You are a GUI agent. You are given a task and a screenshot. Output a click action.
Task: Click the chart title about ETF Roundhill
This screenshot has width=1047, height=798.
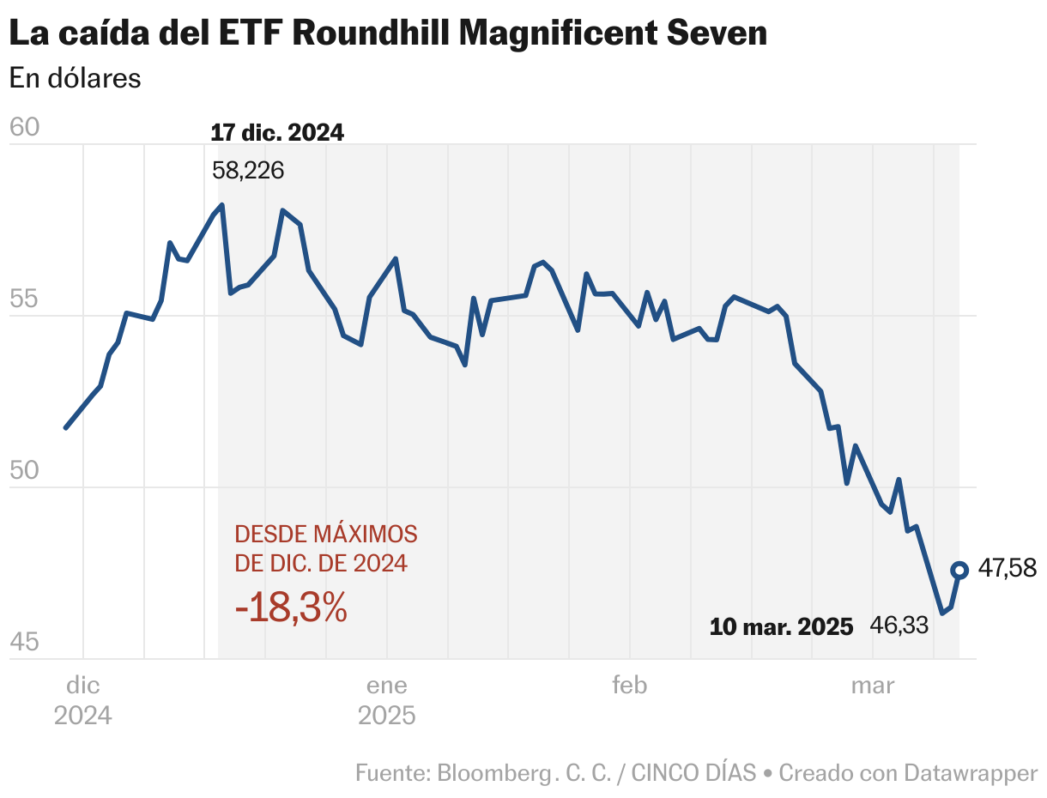tap(388, 33)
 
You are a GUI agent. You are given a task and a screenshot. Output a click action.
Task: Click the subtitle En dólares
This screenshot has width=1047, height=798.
tap(75, 78)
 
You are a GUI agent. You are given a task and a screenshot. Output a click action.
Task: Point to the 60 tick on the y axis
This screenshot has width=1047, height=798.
tap(24, 128)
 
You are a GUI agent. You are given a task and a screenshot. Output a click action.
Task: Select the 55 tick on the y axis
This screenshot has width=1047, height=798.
tap(24, 299)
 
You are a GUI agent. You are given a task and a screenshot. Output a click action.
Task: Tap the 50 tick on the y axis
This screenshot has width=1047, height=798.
tap(24, 471)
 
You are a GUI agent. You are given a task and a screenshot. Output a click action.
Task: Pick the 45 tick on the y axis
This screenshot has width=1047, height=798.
tap(24, 643)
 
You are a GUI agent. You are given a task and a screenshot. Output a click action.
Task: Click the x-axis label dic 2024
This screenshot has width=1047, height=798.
tap(83, 700)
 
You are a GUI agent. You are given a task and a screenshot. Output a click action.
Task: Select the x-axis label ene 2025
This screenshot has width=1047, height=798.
tap(387, 700)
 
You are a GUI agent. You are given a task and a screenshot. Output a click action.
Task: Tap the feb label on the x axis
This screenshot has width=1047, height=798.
tap(629, 686)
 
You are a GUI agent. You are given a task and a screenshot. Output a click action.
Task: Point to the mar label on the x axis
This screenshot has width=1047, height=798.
tap(872, 686)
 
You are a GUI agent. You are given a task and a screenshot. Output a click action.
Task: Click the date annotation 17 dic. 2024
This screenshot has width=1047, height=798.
tap(277, 133)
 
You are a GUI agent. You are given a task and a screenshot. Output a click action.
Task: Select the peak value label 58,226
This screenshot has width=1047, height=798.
tap(248, 171)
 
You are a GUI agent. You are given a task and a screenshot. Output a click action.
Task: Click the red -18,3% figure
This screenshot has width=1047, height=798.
tap(291, 608)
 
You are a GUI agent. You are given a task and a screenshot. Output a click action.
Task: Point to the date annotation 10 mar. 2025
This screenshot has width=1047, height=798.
tap(781, 627)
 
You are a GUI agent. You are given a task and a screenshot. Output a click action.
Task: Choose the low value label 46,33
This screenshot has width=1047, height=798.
tap(899, 626)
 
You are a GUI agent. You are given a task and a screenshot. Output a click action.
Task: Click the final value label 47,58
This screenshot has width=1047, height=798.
tap(1008, 568)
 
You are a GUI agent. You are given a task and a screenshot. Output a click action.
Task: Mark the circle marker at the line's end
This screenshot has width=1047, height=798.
tap(959, 570)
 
